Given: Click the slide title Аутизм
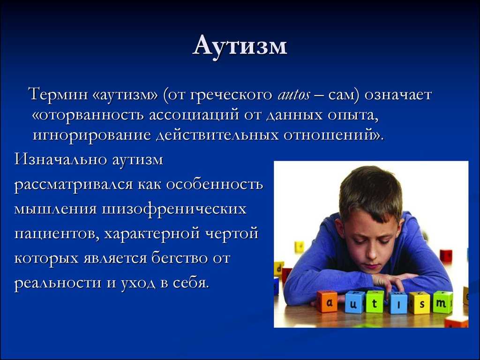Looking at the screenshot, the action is pos(240,46).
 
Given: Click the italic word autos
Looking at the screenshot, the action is pos(293,95).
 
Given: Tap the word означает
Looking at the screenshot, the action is pos(397,95).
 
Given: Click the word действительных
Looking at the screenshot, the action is pos(217,135).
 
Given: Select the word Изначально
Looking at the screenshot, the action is pos(60,159).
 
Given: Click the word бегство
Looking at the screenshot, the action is pos(180,258).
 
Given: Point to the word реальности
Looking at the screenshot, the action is pos(58,282).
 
